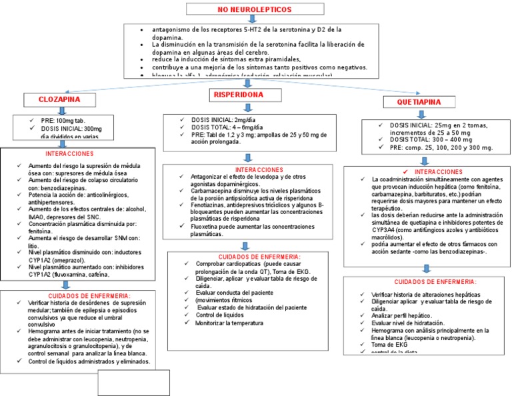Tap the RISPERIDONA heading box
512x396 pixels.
click(238, 96)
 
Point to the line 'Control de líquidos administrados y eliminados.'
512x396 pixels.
click(89, 362)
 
